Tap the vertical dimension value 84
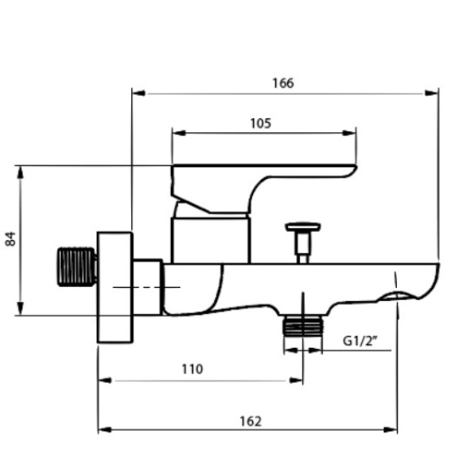pos(11,240)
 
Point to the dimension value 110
pos(191,370)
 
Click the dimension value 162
pos(250,421)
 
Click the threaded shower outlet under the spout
pos(302,326)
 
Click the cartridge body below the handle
pos(210,238)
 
